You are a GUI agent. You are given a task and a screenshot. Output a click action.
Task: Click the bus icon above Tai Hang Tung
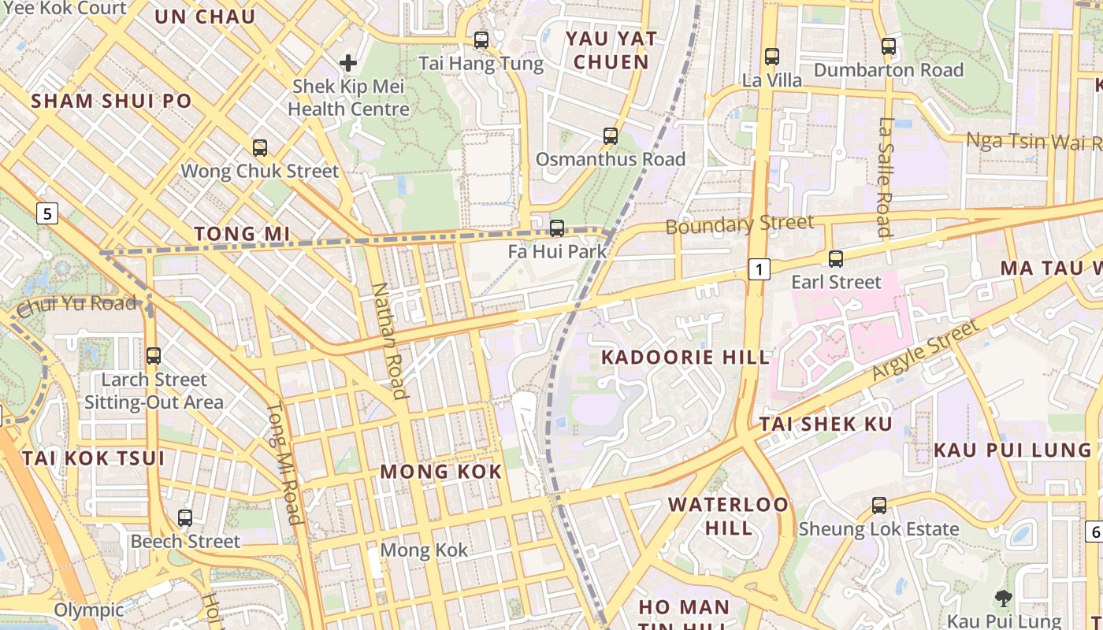481,40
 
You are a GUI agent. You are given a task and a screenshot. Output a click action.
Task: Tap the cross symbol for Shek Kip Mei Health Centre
348,63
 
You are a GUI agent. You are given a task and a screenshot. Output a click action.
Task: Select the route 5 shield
48,213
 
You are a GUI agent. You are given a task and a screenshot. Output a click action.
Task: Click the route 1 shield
758,270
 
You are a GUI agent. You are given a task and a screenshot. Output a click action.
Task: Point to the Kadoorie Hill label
685,358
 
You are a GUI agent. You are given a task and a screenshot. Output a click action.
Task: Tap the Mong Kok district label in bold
441,472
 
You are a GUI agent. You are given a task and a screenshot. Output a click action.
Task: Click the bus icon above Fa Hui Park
557,228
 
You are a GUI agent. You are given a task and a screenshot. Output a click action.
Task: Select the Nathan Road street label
388,340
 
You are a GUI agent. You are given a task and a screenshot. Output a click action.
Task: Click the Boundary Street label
740,224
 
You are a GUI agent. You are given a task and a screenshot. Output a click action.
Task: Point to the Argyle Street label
927,350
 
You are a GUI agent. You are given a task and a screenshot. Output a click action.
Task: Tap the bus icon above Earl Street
836,258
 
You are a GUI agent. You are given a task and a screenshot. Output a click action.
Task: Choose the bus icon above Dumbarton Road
889,46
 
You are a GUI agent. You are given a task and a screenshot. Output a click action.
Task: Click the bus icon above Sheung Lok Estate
879,506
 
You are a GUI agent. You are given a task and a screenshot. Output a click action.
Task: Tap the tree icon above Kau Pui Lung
1004,598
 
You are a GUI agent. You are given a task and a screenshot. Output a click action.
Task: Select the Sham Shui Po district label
111,101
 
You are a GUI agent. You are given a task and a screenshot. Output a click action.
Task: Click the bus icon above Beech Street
185,518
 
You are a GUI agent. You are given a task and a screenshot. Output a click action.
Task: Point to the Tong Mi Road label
284,464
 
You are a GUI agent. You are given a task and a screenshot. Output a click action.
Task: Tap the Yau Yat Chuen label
607,50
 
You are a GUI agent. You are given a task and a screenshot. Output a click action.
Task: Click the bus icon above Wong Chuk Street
260,147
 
